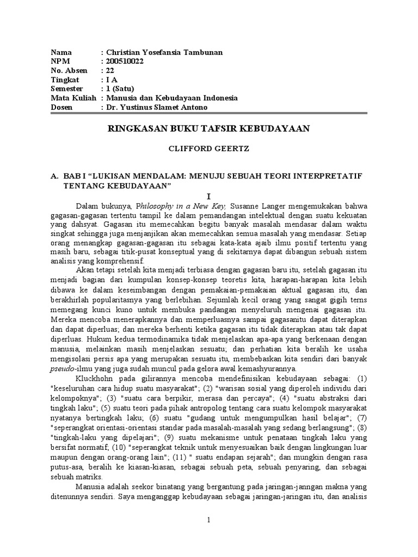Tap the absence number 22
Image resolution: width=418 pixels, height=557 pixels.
[x=109, y=71]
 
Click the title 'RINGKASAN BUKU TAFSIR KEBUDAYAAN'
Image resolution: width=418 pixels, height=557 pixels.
[x=208, y=128]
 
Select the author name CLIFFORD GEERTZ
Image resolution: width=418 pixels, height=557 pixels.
[x=208, y=147]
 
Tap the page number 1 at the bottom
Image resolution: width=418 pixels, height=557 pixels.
[x=208, y=521]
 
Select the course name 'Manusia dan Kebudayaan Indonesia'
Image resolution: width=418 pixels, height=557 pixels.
[x=171, y=98]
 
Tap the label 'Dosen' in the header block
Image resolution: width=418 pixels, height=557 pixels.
[x=61, y=107]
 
